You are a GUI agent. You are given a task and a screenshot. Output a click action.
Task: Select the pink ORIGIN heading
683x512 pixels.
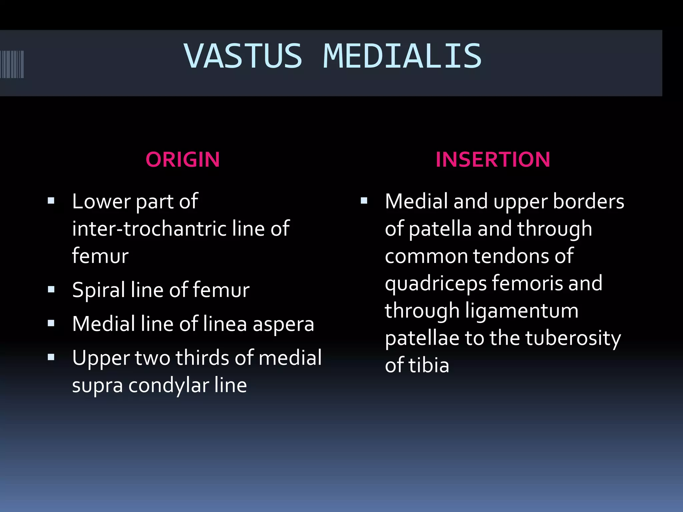click(183, 159)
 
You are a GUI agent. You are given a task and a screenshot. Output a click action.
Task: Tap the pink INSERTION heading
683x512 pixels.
click(493, 159)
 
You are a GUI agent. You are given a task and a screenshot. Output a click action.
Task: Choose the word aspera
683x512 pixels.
click(283, 325)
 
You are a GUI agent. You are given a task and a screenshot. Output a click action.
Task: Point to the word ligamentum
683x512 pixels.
click(522, 311)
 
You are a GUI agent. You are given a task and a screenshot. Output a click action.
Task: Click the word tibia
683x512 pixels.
click(429, 365)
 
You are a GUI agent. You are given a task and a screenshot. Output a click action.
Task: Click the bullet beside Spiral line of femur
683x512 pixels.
click(51, 289)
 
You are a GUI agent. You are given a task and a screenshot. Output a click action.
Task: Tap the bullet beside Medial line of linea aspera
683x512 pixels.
click(51, 323)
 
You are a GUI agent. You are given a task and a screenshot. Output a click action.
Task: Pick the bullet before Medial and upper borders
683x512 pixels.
click(364, 201)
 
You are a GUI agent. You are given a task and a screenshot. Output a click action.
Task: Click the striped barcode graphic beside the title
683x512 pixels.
click(12, 64)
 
